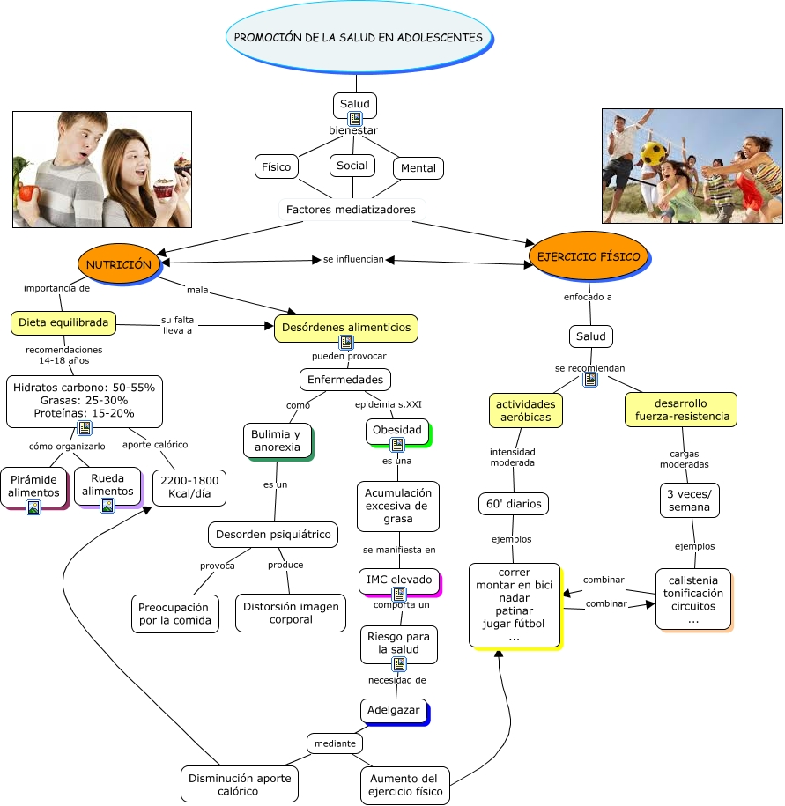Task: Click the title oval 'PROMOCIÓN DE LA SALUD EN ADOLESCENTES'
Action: (x=359, y=38)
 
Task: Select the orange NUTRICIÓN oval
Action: (x=119, y=263)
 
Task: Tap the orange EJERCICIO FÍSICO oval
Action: (x=589, y=256)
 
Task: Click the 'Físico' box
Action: (x=276, y=166)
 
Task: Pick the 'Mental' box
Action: (x=418, y=168)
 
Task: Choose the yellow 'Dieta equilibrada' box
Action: (x=63, y=322)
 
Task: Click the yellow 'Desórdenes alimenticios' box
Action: (x=345, y=327)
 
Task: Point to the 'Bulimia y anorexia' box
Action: (x=276, y=440)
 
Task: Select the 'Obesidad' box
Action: (x=396, y=431)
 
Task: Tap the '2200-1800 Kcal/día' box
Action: (x=189, y=488)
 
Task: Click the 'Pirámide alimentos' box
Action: (x=33, y=486)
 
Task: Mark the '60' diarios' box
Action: (x=515, y=504)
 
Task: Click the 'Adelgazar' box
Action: (x=393, y=710)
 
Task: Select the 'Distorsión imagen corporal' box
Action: (x=291, y=612)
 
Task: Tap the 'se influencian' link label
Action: (x=353, y=259)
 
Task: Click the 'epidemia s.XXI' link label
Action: (x=389, y=404)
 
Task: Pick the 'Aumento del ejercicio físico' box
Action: (x=404, y=786)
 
